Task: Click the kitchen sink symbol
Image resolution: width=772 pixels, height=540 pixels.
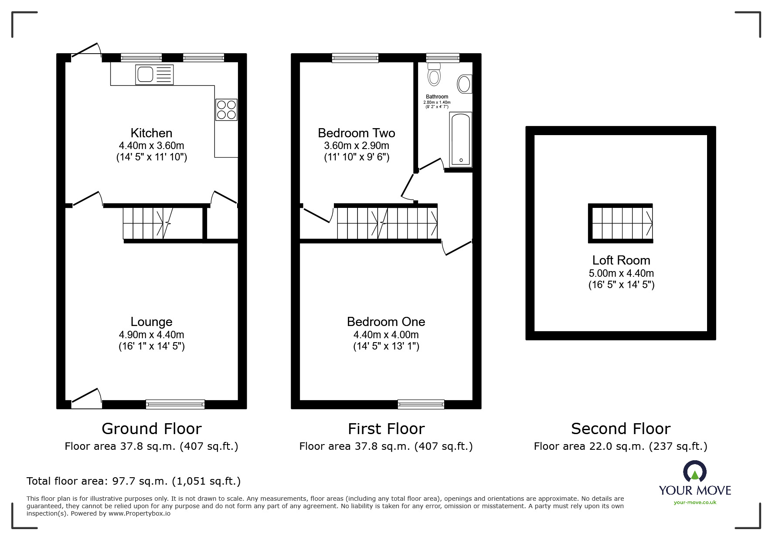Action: pos(154,75)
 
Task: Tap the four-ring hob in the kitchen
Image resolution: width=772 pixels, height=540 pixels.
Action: pos(226,110)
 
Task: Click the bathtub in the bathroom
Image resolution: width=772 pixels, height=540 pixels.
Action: pos(460,139)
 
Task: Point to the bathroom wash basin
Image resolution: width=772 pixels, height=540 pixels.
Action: pos(464,84)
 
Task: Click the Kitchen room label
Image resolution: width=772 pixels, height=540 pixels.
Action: pos(151,133)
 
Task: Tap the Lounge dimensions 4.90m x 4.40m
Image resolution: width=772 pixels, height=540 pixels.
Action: pos(151,335)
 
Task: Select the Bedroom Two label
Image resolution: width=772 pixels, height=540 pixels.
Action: pos(356,133)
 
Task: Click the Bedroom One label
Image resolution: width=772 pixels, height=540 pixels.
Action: pos(386,322)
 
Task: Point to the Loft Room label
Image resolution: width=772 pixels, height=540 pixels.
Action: pos(621,260)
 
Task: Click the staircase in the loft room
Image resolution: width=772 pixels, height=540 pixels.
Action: pos(620,223)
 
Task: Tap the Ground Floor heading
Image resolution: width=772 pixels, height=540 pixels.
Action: pos(151,429)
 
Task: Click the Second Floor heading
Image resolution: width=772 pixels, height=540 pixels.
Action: pos(620,429)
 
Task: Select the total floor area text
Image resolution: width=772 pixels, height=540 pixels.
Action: pos(133,481)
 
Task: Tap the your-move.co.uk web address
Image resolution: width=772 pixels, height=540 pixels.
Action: pos(695,503)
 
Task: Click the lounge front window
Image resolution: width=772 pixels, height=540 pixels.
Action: pos(175,404)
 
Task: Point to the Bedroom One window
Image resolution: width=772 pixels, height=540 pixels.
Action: pos(421,404)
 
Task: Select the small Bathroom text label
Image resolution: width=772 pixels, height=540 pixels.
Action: pos(437,97)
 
